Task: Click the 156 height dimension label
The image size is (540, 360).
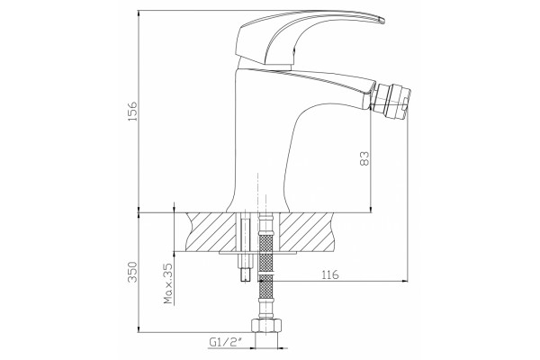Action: (132, 111)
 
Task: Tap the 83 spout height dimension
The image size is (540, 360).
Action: (364, 158)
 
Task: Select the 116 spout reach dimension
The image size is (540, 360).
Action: (330, 274)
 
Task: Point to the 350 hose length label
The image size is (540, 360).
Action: (132, 272)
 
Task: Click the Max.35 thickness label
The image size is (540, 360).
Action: (168, 283)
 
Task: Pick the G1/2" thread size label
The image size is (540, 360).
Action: (226, 342)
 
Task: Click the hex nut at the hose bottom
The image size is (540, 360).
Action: (265, 325)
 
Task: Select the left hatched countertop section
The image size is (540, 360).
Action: (212, 231)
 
